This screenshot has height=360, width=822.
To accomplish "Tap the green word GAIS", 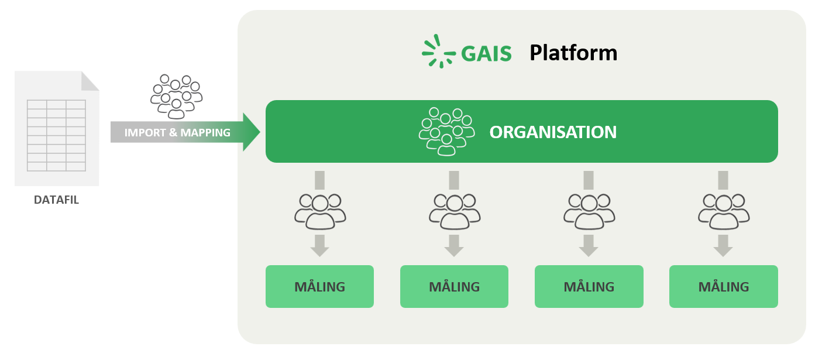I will coord(486,54).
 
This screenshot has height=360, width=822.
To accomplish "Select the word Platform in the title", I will coord(573,53).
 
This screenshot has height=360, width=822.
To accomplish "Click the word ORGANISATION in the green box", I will coord(553,132).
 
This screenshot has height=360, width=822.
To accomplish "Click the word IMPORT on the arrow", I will coord(145,133).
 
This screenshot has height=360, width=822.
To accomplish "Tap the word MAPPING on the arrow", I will coord(205,133).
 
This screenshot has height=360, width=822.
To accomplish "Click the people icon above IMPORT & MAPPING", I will coord(176,95).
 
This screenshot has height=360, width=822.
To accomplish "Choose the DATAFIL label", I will coord(56,200).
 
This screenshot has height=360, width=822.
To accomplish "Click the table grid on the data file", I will coord(56,135).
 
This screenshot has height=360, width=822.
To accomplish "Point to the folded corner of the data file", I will coord(90,81).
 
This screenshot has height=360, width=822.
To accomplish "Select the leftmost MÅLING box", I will coord(319,287).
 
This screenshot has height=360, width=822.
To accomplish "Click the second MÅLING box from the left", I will coord(454,287).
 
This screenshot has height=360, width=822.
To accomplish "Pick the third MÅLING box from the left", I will coord(589,287).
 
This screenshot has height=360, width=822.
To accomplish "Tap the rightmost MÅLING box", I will coord(723,287).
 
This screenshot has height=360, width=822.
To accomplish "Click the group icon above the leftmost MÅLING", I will coord(320,211).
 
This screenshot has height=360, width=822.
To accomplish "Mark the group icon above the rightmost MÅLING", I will coord(724,211).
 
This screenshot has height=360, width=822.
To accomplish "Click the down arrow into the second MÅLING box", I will coord(454,245).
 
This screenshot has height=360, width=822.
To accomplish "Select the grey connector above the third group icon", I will coord(589,179).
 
